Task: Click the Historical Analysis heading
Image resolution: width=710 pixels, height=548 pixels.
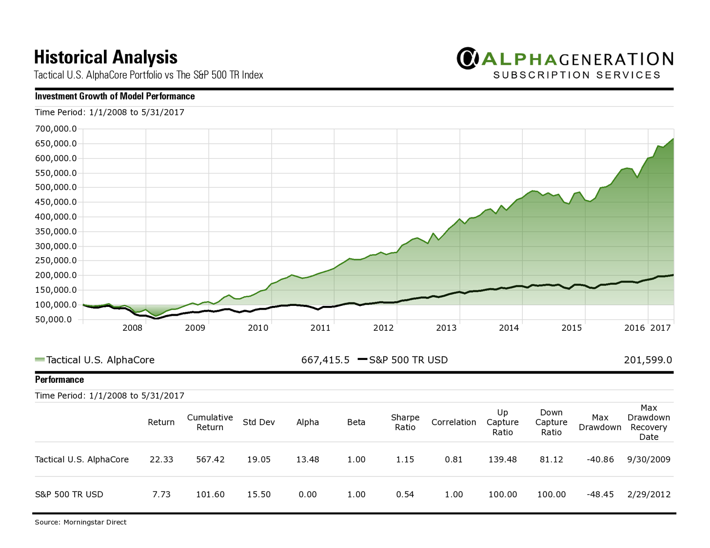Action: pyautogui.click(x=106, y=57)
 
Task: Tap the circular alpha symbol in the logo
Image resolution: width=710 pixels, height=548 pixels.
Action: pyautogui.click(x=467, y=58)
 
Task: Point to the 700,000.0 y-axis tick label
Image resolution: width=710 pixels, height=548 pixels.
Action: pyautogui.click(x=56, y=129)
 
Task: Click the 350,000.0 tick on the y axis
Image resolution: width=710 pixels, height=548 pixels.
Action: pyautogui.click(x=56, y=231)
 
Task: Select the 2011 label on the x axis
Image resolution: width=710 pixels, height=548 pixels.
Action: pyautogui.click(x=320, y=328)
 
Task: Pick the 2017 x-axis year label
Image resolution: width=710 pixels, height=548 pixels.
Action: pyautogui.click(x=661, y=328)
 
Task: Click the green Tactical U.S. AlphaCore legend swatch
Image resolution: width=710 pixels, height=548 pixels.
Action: pyautogui.click(x=39, y=360)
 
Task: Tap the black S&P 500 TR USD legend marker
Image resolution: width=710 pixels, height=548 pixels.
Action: pyautogui.click(x=362, y=359)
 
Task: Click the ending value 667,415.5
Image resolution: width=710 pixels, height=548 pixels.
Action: pyautogui.click(x=325, y=360)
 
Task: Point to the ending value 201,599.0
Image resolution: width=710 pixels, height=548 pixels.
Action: pyautogui.click(x=648, y=360)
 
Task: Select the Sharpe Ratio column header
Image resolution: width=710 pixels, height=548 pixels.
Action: pyautogui.click(x=405, y=422)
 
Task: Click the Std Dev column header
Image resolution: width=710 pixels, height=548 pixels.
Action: pyautogui.click(x=258, y=422)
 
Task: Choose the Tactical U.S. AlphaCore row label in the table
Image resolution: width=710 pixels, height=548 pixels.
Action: pyautogui.click(x=82, y=459)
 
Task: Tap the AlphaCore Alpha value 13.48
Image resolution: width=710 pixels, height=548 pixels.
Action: pyautogui.click(x=307, y=459)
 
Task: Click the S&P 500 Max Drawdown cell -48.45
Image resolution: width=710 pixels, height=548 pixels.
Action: pyautogui.click(x=600, y=494)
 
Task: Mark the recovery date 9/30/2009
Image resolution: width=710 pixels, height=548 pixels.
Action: pyautogui.click(x=649, y=459)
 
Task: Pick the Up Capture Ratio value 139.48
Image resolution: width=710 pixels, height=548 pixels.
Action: pyautogui.click(x=502, y=459)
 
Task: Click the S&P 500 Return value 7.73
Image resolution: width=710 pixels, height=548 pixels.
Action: pyautogui.click(x=161, y=494)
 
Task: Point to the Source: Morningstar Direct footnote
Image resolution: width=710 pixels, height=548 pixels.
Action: pyautogui.click(x=80, y=522)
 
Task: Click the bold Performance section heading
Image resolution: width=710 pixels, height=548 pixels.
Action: pyautogui.click(x=59, y=380)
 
